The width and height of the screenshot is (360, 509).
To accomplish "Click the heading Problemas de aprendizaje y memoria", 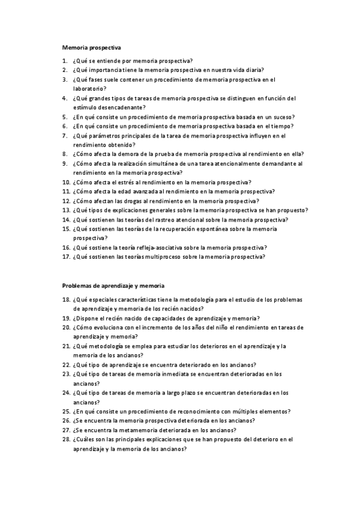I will coord(113,286).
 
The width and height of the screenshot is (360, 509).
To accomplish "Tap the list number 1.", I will coord(64,61).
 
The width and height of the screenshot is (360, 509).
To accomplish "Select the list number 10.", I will coord(66,182).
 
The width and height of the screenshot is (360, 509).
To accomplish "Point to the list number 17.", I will coord(66,256).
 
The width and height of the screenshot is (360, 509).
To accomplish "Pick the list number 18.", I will coord(66,300).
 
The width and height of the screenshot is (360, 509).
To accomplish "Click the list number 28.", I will coord(66,439).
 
